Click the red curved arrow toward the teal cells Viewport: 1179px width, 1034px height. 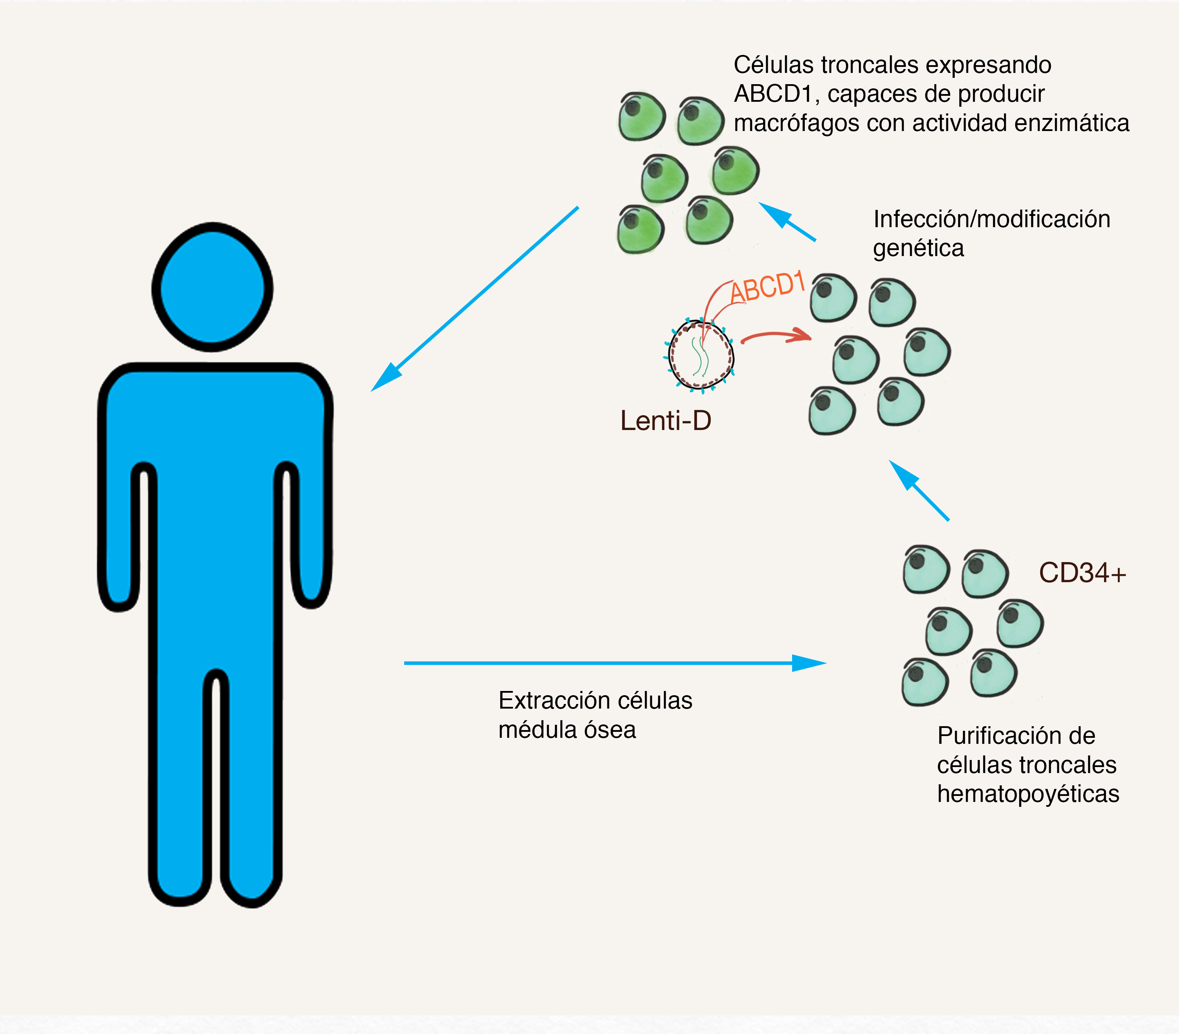coord(776,336)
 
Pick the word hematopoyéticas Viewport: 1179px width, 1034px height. coord(1028,794)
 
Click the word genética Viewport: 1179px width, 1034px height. coord(918,248)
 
